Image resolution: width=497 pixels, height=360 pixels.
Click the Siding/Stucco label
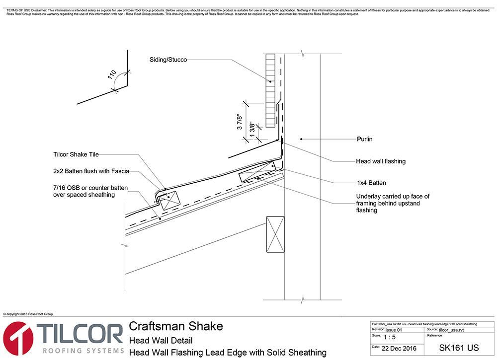[x=168, y=60]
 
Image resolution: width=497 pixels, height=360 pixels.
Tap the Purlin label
[x=364, y=139]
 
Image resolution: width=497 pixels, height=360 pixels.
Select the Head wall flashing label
[x=381, y=161]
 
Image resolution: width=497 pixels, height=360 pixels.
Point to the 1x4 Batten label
[x=371, y=183]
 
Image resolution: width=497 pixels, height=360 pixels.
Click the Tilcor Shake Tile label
[x=76, y=154]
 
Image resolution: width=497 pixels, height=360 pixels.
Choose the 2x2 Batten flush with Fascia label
[x=91, y=171]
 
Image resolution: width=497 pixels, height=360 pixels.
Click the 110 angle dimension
[x=112, y=75]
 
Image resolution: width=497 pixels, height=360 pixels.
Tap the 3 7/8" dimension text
[x=240, y=121]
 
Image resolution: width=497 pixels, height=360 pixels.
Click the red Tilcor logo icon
[x=18, y=339]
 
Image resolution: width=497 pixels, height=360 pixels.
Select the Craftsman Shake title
[x=176, y=326]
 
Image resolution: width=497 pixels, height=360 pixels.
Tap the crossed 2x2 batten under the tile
[x=169, y=198]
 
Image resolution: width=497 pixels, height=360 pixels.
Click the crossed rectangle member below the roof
[x=274, y=234]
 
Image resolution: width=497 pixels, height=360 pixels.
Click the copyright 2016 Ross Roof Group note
[x=28, y=314]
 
